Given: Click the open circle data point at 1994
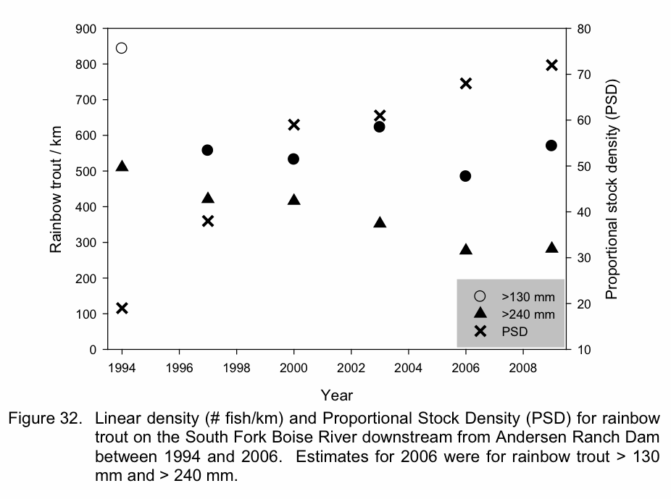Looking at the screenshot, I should point(122,49).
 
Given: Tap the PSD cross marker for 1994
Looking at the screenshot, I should point(122,309).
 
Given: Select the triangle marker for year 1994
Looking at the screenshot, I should point(122,167).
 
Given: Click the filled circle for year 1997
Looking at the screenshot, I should point(207,150).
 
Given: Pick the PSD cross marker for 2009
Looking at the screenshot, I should point(551,65).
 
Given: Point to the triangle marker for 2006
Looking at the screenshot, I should point(465,250).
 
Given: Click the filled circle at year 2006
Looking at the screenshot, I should point(465,176).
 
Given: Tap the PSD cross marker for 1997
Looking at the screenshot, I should point(207,221).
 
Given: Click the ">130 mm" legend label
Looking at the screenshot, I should point(528,296).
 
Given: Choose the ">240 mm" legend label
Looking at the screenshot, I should point(528,314).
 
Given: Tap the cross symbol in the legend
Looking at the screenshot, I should point(479,332).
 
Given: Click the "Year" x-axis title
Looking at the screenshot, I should point(337,395).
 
